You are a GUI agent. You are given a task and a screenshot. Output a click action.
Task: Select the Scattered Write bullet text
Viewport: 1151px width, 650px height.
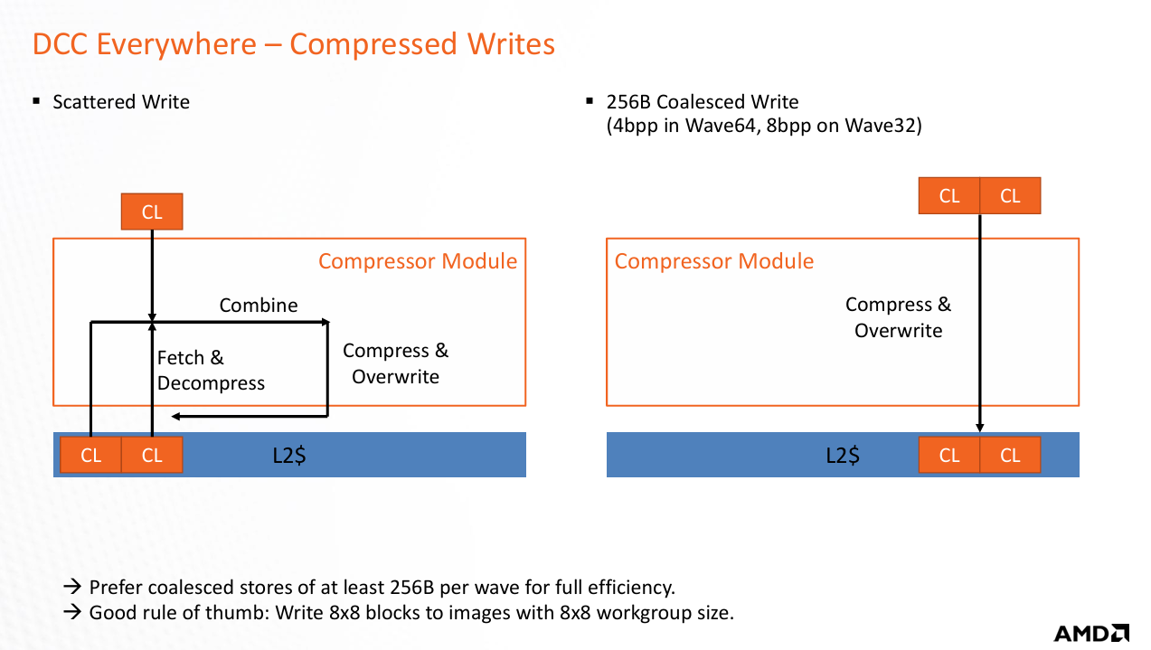pos(121,102)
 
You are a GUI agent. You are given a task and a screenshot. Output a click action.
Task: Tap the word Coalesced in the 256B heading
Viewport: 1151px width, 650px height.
pos(701,102)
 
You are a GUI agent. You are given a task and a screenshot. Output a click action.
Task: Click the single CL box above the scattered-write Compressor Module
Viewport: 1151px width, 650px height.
pos(152,212)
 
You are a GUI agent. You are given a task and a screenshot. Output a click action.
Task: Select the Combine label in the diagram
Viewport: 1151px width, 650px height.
pos(259,306)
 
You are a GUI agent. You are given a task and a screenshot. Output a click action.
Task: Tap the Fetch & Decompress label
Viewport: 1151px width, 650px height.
pos(211,371)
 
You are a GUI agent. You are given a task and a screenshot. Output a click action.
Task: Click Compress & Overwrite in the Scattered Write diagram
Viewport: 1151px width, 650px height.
pos(395,363)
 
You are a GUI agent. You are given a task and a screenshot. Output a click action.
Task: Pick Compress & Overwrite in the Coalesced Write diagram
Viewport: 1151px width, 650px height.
pos(899,317)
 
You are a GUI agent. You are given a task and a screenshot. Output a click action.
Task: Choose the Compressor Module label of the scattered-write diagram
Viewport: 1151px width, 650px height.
pos(418,262)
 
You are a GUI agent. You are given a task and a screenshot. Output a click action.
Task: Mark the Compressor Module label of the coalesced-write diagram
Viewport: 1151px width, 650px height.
pos(714,262)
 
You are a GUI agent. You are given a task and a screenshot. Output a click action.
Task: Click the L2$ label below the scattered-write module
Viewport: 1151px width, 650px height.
pos(289,456)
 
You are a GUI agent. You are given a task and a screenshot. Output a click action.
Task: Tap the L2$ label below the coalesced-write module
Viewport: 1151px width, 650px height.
pos(843,456)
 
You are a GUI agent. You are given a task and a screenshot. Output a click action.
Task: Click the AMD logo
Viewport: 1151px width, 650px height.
pos(1091,633)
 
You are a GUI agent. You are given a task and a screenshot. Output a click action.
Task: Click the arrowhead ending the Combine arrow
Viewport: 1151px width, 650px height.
pos(325,321)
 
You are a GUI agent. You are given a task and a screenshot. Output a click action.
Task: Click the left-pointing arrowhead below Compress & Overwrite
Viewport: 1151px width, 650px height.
pos(176,417)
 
